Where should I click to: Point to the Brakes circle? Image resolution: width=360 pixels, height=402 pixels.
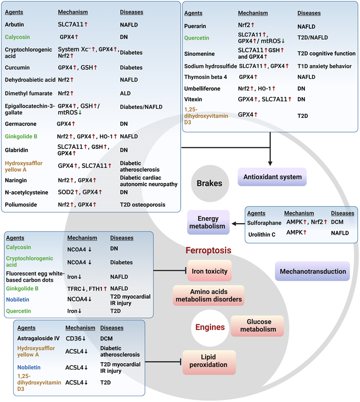point(209,184)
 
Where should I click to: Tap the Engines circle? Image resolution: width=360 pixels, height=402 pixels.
point(210,327)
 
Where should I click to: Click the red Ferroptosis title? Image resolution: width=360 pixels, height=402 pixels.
point(208,251)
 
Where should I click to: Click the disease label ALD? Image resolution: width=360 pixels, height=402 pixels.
point(126,93)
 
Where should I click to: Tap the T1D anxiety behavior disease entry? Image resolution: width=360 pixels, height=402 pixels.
point(324,65)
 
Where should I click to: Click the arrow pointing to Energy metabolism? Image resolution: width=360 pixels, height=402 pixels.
point(236,224)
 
